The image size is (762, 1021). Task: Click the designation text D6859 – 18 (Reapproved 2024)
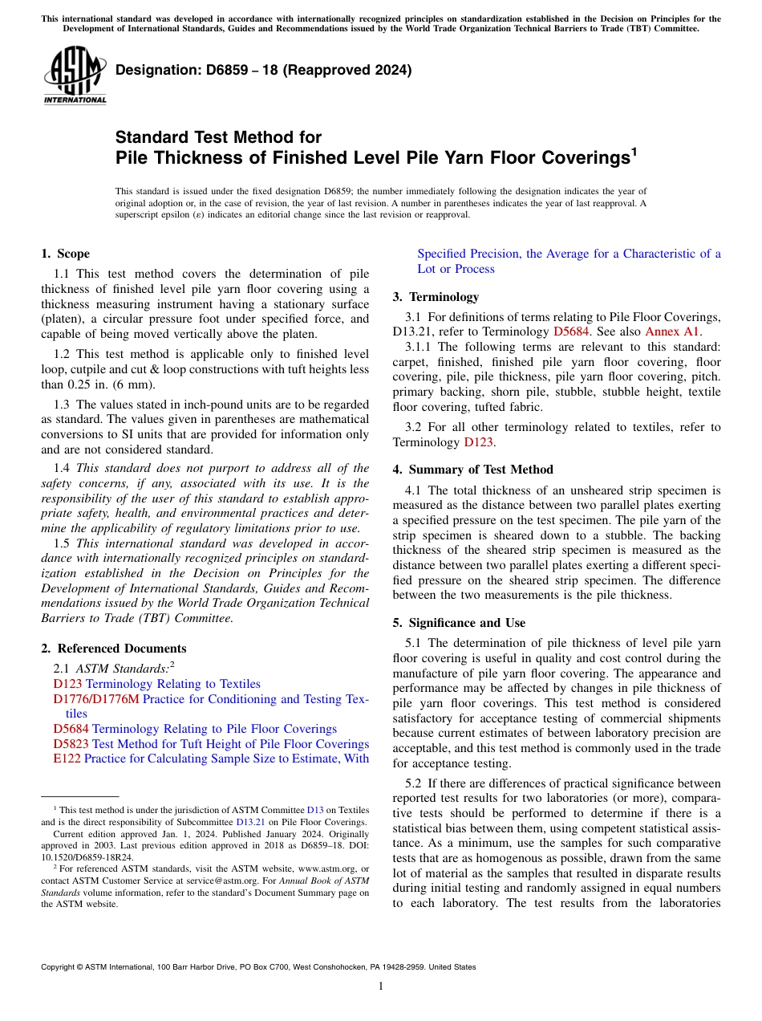263,70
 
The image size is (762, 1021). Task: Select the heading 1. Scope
65,254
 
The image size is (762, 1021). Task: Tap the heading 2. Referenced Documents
114,649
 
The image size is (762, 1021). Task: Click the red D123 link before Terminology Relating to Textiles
67,684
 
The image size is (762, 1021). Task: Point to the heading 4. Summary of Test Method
472,470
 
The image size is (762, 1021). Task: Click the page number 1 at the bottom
381,986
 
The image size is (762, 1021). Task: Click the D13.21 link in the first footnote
248,822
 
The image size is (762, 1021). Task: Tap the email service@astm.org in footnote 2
233,868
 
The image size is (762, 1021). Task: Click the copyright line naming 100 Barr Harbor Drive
257,967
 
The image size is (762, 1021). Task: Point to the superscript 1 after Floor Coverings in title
634,150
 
